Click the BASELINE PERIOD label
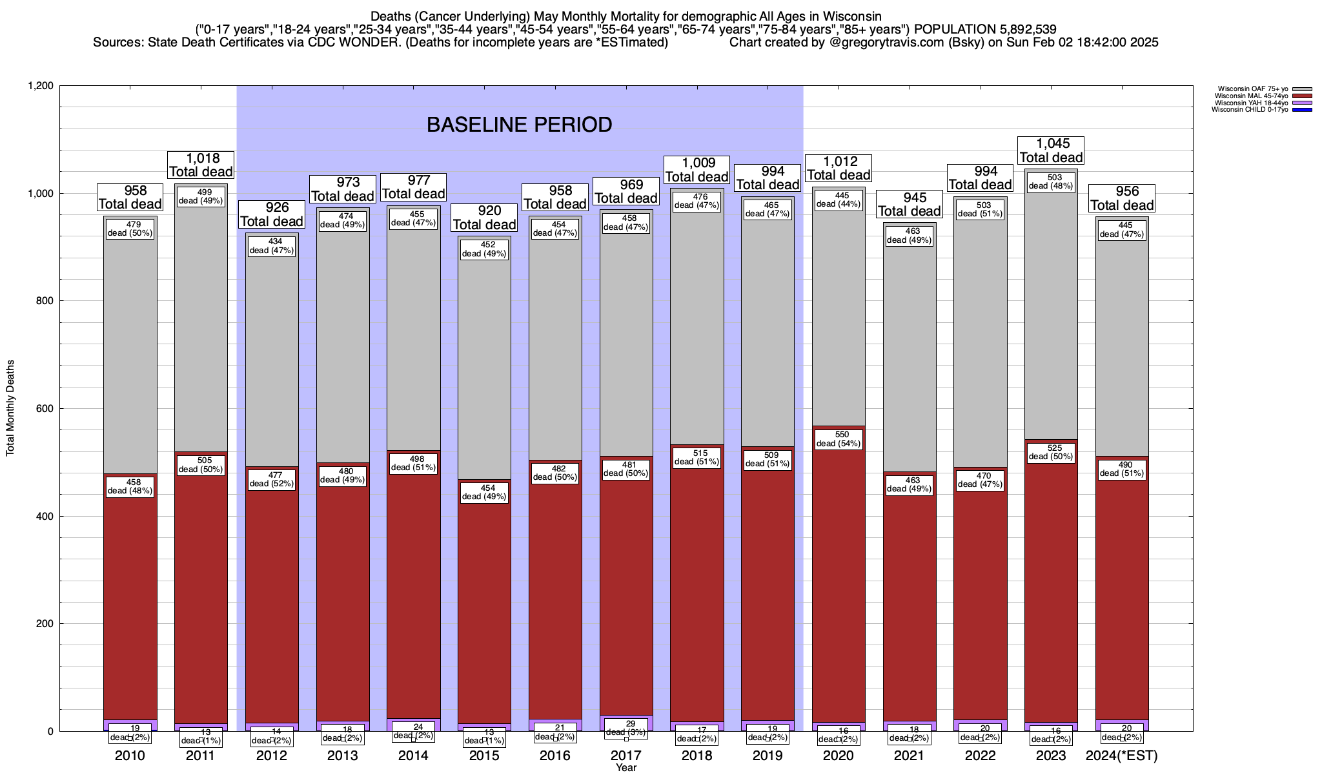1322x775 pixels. point(519,125)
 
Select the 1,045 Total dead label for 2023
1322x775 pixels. point(1052,150)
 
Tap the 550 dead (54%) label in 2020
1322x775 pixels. point(839,439)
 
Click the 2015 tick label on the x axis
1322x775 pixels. point(484,755)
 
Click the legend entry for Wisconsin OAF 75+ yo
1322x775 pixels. point(1253,89)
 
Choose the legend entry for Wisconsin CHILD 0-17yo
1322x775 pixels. point(1253,110)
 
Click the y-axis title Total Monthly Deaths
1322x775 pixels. point(10,408)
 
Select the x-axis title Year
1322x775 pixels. point(625,768)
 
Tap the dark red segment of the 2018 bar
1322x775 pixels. point(697,581)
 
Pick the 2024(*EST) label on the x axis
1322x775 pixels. point(1122,755)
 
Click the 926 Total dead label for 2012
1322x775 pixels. point(272,214)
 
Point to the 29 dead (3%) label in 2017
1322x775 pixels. point(625,728)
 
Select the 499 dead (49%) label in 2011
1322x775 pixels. point(201,196)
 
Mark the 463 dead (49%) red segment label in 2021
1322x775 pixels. point(910,484)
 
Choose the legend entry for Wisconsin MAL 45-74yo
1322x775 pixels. point(1253,96)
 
